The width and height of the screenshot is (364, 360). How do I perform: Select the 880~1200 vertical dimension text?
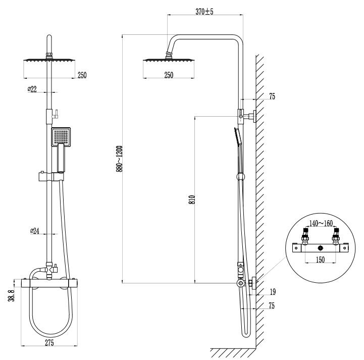(120, 159)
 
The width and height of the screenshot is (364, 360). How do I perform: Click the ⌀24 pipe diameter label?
(35, 231)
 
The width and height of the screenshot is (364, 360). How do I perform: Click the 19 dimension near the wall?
(272, 291)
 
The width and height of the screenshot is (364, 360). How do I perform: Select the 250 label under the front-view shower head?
(82, 75)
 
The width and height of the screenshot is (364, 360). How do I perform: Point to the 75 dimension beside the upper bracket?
(272, 97)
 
